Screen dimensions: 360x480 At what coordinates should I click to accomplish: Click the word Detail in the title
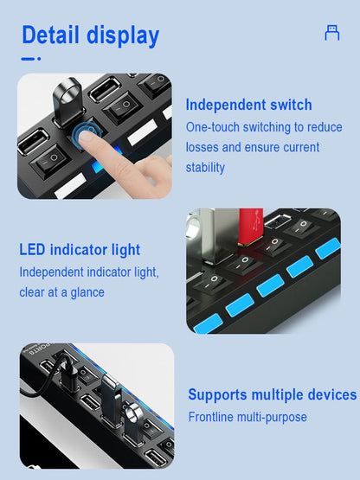pos(50,35)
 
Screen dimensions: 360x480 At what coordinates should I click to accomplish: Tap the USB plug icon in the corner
pos(332,33)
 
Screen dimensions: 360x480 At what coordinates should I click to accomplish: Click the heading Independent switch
pos(248,105)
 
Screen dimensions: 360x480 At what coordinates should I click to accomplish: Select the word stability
pos(205,168)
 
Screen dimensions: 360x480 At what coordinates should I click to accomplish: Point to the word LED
pos(33,249)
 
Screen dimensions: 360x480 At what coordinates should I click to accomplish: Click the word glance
pos(87,292)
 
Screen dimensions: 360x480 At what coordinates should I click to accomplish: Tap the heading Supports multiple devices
pos(273,394)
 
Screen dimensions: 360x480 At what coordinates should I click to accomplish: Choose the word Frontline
pos(211,417)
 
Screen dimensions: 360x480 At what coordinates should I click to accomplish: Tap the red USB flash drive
pos(251,227)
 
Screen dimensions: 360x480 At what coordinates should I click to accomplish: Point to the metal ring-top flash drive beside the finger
pos(67,101)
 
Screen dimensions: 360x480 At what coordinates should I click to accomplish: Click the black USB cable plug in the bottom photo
pos(68,372)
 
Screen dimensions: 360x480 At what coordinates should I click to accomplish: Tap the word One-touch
pos(213,127)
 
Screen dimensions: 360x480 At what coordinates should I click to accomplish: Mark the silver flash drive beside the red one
pos(219,234)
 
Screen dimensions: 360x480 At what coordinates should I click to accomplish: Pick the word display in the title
pos(123,36)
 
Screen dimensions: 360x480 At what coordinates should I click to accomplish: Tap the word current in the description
pos(301,147)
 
